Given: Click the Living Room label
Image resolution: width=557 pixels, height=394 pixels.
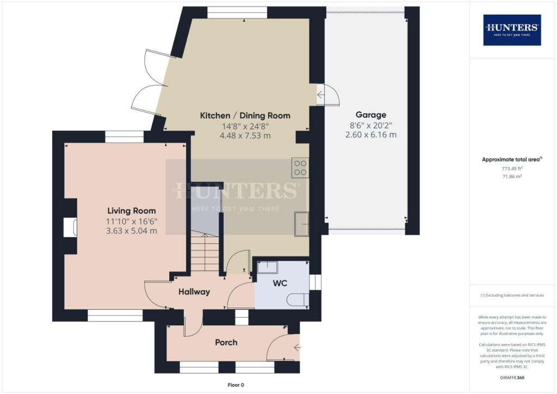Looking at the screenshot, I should click(131, 211).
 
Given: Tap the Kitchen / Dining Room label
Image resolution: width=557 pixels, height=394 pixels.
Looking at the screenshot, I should click(245, 115).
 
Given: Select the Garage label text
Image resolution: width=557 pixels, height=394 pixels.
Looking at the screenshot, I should click(370, 115).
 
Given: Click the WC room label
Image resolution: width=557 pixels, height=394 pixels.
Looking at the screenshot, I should click(280, 284).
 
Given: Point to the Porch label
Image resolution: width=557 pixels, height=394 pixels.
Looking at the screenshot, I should click(226, 342).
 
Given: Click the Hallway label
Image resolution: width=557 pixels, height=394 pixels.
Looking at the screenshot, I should click(194, 292).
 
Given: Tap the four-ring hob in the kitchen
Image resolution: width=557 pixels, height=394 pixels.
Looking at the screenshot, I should click(300, 168).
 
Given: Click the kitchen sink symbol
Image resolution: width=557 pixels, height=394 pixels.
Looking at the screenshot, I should click(301, 224).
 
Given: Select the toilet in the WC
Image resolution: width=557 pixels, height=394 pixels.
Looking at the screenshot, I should click(298, 300).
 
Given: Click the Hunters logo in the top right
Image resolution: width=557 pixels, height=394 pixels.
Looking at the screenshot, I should click(512, 29).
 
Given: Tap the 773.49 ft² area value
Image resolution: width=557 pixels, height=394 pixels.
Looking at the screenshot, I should click(512, 169).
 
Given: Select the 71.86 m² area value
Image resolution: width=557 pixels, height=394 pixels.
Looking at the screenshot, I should click(512, 177).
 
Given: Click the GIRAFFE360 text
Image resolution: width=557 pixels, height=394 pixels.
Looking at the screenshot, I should click(512, 377).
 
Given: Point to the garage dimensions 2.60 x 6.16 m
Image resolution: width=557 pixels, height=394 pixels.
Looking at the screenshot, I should click(370, 134).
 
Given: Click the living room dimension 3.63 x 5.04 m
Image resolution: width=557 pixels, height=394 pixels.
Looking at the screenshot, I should click(131, 230).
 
